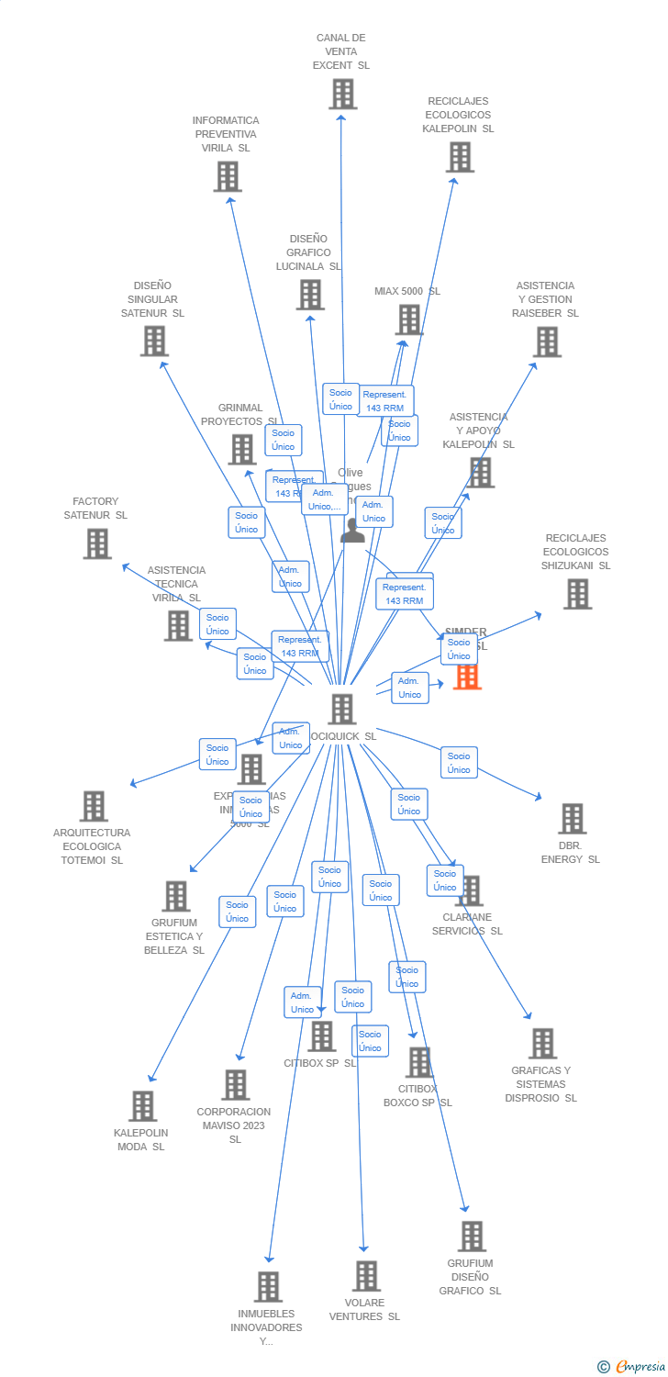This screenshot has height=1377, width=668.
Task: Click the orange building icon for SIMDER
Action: (467, 676)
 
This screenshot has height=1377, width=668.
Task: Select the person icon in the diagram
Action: (353, 530)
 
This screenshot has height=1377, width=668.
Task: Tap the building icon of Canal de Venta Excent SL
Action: (342, 94)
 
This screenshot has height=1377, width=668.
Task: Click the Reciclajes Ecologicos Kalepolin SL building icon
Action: (460, 157)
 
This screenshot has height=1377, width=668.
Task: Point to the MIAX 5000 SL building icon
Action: (408, 319)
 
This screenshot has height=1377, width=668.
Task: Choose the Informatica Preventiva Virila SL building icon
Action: (227, 176)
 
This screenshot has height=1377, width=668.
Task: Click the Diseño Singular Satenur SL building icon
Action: (153, 341)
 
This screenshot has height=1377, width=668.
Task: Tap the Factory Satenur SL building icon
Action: (96, 543)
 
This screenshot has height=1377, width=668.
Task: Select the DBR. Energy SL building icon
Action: (572, 818)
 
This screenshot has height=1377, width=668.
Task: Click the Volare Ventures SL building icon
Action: (366, 1275)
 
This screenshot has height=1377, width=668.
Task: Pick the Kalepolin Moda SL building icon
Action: (142, 1106)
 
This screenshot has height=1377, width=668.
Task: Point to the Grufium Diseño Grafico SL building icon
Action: (471, 1237)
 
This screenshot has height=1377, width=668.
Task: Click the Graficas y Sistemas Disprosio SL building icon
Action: (542, 1043)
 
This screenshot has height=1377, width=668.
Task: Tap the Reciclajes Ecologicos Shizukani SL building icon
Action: (577, 594)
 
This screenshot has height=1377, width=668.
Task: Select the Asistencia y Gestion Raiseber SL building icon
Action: (547, 341)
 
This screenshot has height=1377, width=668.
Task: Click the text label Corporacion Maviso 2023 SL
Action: (234, 1125)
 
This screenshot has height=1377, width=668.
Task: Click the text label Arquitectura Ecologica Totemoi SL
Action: (92, 846)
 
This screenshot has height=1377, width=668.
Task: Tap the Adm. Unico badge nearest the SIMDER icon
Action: (409, 688)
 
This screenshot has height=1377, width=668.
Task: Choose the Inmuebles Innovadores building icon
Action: (268, 1286)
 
